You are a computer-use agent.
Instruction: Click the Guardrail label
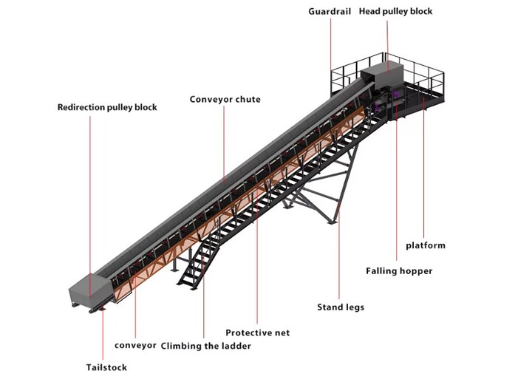[330, 12]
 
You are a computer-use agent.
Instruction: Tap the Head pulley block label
[395, 12]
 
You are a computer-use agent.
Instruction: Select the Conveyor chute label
[225, 100]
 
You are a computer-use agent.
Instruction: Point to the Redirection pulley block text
[107, 108]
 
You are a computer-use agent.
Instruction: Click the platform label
[426, 245]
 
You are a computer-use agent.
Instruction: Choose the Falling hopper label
[399, 271]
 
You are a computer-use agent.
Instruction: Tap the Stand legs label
[341, 307]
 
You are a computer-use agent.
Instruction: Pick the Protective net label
[258, 332]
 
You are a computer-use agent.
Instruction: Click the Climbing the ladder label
[206, 346]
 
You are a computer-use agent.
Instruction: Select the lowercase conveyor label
[135, 345]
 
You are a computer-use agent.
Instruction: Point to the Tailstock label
[106, 367]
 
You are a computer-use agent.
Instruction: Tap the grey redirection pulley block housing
[90, 290]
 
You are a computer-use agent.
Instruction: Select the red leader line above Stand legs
[339, 252]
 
